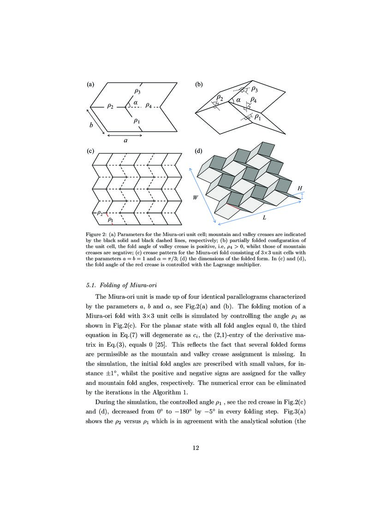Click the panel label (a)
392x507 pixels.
click(x=90, y=85)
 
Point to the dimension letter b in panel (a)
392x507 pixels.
click(x=91, y=125)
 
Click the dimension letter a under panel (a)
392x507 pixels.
click(x=125, y=141)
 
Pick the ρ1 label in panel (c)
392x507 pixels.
click(x=110, y=220)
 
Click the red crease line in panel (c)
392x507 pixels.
click(x=107, y=214)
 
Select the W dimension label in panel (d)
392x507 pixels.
click(x=196, y=197)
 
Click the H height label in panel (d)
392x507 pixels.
click(x=300, y=189)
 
